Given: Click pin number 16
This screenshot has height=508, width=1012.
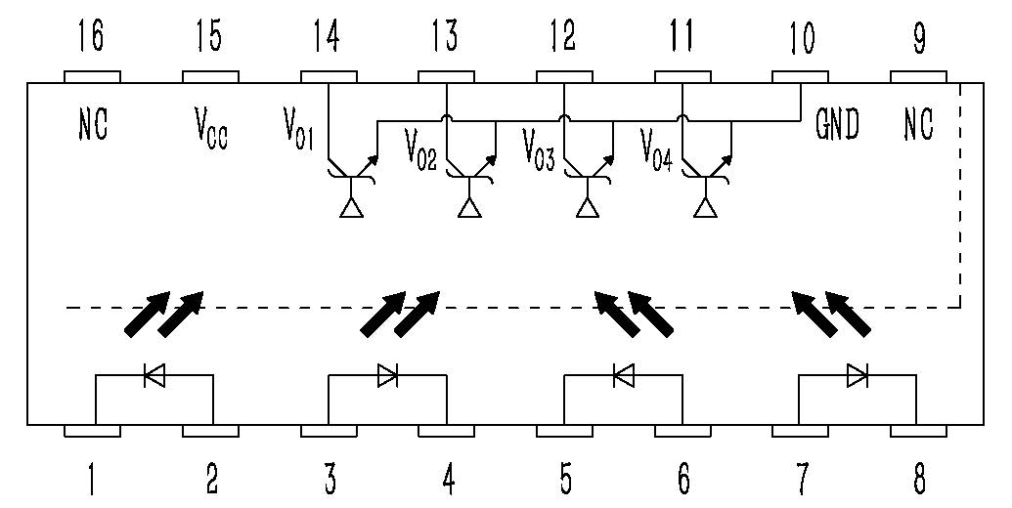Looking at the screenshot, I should [92, 38].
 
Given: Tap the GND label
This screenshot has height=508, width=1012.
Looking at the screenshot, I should [837, 125].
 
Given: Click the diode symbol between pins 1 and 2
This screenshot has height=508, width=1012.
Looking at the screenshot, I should [154, 374].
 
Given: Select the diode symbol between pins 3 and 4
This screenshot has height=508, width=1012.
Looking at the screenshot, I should [387, 374].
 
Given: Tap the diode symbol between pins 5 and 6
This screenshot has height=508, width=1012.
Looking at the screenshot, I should [623, 374].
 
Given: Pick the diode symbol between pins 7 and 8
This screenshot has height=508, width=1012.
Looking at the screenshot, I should [858, 374].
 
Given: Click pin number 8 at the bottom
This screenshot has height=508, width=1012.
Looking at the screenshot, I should [919, 479].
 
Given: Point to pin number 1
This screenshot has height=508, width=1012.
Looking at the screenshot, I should [92, 479].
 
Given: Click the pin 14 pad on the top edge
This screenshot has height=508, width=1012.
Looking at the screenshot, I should [328, 76].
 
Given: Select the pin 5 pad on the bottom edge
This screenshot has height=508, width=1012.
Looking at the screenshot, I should [564, 431].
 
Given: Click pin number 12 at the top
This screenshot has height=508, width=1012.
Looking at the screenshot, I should [564, 38].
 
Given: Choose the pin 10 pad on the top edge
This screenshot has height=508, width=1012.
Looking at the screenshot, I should [800, 76].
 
